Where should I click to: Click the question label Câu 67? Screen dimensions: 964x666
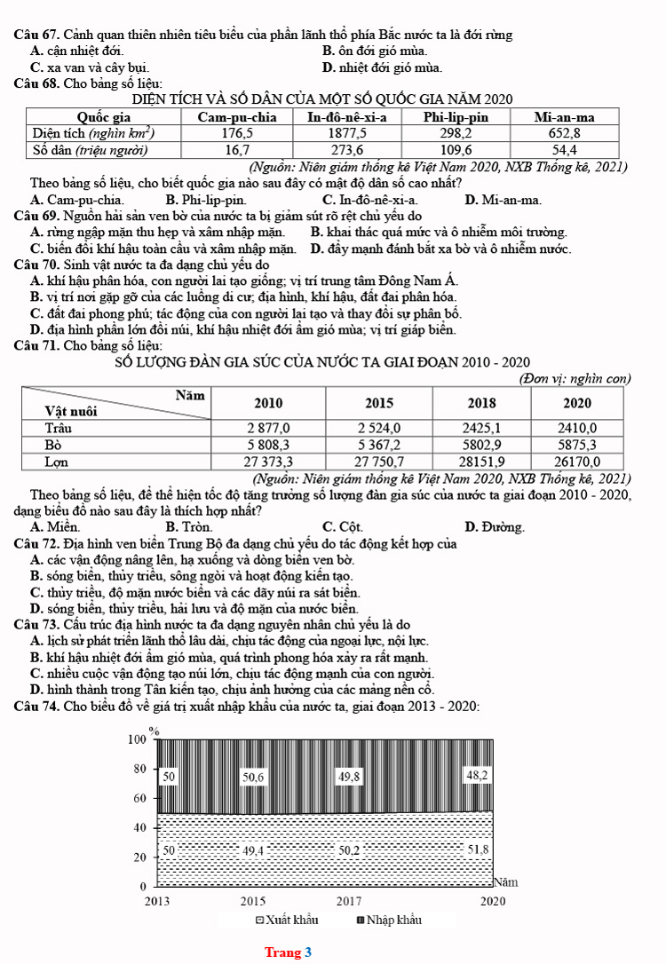pyautogui.click(x=36, y=35)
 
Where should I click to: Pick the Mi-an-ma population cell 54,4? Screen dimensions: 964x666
pyautogui.click(x=564, y=149)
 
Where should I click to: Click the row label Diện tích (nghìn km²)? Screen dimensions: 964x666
pyautogui.click(x=94, y=133)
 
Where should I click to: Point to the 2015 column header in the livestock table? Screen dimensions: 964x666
pyautogui.click(x=379, y=402)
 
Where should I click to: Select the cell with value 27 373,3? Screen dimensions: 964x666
pyautogui.click(x=269, y=461)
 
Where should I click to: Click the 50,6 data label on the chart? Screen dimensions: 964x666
pyautogui.click(x=254, y=778)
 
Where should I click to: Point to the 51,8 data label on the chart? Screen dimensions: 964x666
pyautogui.click(x=478, y=849)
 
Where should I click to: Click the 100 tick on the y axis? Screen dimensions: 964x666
pyautogui.click(x=136, y=739)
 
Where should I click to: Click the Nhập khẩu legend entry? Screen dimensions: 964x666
pyautogui.click(x=388, y=920)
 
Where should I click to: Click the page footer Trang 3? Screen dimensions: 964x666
pyautogui.click(x=288, y=952)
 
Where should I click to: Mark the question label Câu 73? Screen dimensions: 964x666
pyautogui.click(x=36, y=624)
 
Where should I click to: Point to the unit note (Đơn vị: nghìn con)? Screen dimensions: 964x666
pyautogui.click(x=574, y=379)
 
